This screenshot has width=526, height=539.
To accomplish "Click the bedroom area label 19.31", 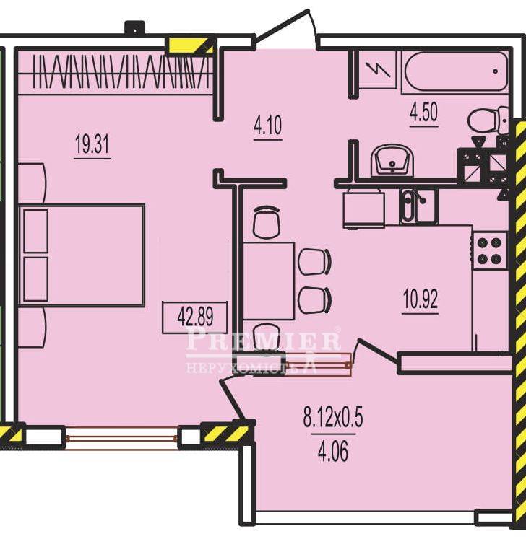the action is [x=92, y=144].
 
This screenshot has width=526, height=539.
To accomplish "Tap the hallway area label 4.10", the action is [x=268, y=125].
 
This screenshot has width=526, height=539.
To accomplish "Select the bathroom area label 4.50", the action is [x=423, y=113].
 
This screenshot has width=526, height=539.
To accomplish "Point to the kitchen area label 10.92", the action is [x=421, y=299].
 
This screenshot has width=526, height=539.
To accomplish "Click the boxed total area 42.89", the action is [x=195, y=317].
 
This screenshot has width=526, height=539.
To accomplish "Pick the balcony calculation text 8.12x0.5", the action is [x=333, y=418].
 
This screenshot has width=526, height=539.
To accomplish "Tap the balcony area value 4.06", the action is [x=333, y=451].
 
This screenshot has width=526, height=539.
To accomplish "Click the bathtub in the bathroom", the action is [x=455, y=71].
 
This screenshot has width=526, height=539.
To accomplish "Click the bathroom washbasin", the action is [x=392, y=161].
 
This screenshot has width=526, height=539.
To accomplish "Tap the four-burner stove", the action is [x=490, y=251].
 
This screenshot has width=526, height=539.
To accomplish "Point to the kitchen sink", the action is [x=418, y=206].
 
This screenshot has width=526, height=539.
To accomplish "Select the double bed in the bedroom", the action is [x=82, y=255].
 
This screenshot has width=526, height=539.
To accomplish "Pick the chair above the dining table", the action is [x=266, y=222].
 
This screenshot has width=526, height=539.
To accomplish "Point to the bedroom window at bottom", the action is [x=122, y=437].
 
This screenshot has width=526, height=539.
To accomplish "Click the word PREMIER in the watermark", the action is [x=264, y=340].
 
